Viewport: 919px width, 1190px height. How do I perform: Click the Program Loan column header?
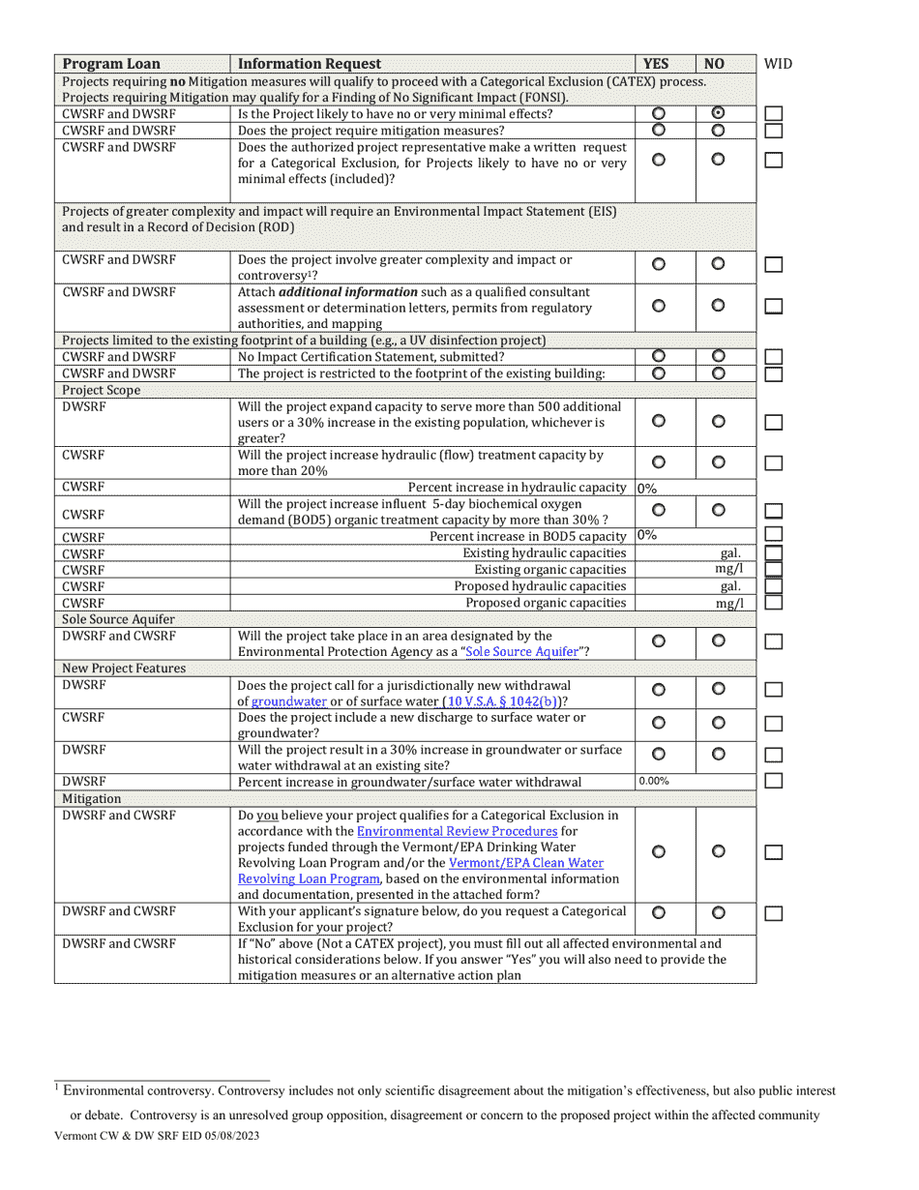(x=105, y=64)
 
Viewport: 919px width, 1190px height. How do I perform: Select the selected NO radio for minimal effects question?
(x=718, y=113)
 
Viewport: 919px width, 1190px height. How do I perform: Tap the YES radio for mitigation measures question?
(x=659, y=131)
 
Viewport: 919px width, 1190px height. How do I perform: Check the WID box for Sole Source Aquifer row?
(x=773, y=642)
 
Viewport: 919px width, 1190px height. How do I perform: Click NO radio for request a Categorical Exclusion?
(x=718, y=912)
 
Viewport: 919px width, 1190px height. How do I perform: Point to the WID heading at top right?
(x=778, y=64)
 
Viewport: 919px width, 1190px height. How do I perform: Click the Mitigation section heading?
(x=92, y=799)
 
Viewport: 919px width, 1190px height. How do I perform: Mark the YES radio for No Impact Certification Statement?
(x=659, y=357)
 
